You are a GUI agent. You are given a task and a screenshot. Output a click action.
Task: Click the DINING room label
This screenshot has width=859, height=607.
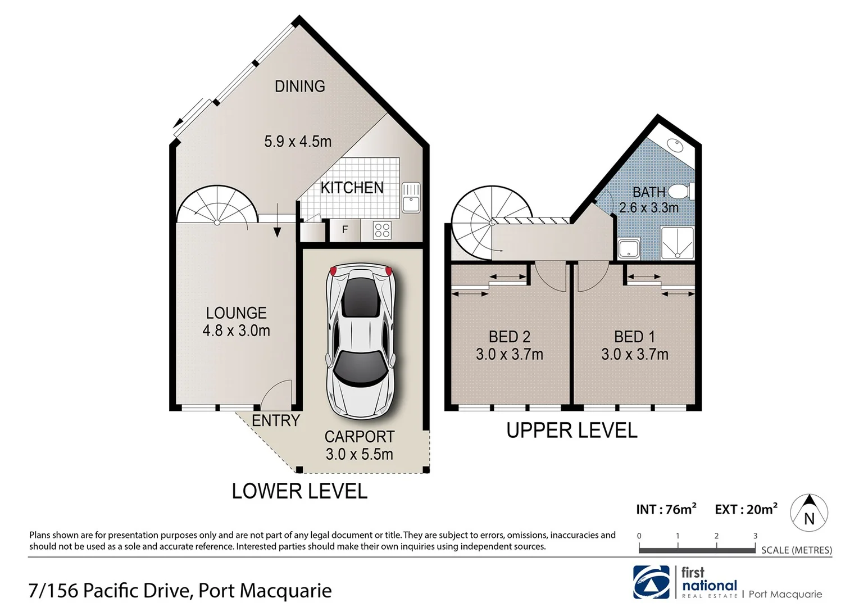point(299,86)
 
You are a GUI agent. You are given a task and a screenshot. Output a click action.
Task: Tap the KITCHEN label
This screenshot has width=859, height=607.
point(352,187)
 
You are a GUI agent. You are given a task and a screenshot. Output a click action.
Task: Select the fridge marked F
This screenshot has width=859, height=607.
point(344,229)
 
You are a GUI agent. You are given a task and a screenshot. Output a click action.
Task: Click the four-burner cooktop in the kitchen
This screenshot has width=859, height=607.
point(382,230)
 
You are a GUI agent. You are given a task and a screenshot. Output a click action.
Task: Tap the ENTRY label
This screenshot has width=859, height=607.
point(275,420)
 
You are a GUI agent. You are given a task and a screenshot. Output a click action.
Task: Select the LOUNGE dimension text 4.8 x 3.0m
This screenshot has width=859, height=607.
point(236,330)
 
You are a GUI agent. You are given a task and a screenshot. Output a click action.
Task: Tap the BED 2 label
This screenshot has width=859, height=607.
point(509,337)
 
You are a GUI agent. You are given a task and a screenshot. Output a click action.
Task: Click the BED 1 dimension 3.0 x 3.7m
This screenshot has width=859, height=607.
point(634,354)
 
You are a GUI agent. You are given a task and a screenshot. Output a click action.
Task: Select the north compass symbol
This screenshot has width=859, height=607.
point(809,512)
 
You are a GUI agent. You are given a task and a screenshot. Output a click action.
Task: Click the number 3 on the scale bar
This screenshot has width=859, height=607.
point(755,536)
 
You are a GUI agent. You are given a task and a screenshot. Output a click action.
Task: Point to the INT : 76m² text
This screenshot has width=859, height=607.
point(666,509)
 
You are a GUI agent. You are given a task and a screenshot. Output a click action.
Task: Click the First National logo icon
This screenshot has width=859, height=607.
point(651,582)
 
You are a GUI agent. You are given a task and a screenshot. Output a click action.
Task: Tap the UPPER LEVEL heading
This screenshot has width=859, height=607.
point(571,431)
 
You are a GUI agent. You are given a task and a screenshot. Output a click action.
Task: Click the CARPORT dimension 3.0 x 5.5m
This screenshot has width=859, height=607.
point(359,454)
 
